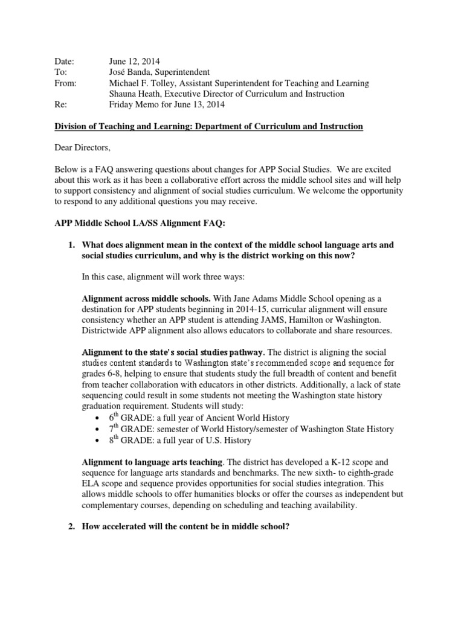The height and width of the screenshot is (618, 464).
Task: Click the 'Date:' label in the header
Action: pyautogui.click(x=63, y=62)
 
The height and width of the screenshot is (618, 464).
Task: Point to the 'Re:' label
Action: pyautogui.click(x=59, y=104)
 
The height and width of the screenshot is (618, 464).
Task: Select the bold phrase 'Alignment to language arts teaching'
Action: pyautogui.click(x=153, y=462)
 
